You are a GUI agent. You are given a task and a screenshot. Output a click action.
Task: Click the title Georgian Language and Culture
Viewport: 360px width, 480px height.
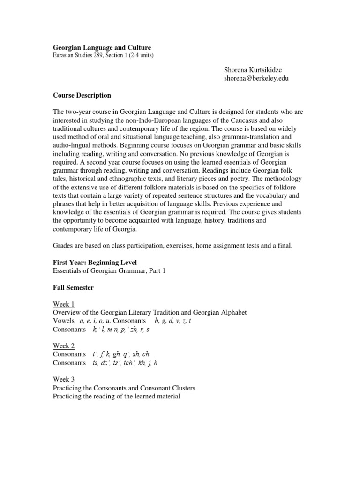tap(102, 48)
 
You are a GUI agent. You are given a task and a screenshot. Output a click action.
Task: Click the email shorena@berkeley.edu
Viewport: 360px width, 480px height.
tap(257, 78)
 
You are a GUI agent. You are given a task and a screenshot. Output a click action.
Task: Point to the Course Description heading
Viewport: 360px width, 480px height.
tap(82, 95)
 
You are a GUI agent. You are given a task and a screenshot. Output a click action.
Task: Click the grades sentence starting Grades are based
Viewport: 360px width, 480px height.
tap(172, 246)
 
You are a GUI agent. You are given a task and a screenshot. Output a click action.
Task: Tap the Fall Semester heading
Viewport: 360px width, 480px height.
tap(73, 288)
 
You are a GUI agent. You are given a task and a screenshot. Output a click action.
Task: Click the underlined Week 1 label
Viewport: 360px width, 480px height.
tap(64, 304)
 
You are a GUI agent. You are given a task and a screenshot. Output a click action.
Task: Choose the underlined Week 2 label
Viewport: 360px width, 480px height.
tap(64, 346)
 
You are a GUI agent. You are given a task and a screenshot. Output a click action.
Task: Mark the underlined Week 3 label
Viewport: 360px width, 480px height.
tap(64, 379)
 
